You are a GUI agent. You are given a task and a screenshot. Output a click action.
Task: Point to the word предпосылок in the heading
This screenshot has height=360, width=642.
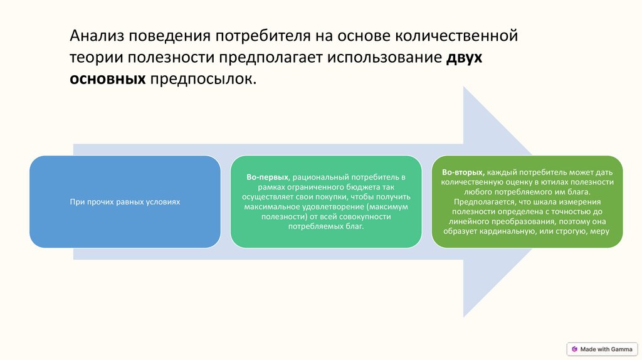[203, 80]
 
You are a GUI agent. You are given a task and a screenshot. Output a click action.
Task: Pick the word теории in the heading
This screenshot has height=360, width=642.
[96, 58]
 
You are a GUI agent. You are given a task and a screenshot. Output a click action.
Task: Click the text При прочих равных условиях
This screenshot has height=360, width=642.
[125, 202]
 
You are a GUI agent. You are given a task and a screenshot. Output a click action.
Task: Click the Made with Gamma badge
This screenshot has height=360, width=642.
[602, 349]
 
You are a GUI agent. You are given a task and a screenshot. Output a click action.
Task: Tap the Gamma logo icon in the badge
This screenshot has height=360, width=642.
[574, 349]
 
